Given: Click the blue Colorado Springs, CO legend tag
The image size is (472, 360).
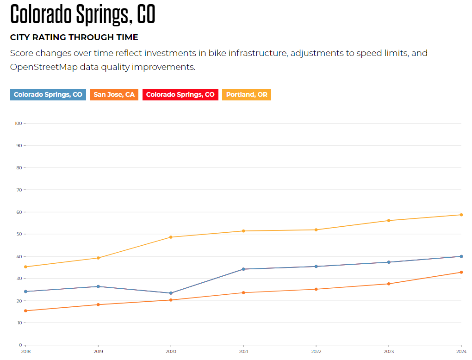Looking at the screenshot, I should (x=48, y=94).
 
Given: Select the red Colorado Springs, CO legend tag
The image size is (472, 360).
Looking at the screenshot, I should (x=180, y=94).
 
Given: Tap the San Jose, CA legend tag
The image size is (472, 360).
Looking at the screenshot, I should (x=114, y=94).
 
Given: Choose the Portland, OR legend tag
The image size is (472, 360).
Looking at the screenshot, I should (x=247, y=94).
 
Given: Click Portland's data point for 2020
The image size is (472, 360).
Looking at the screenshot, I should (x=171, y=237).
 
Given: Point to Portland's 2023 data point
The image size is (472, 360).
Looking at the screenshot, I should (x=389, y=220).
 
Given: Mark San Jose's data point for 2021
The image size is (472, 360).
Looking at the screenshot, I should (x=243, y=292).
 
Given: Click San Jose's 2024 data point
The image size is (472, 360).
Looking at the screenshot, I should (x=461, y=272).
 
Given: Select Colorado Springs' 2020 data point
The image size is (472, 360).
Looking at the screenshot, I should (x=171, y=293).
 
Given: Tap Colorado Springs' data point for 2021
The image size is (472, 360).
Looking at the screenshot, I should (x=243, y=269).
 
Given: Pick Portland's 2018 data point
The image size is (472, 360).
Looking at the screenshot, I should (x=25, y=267).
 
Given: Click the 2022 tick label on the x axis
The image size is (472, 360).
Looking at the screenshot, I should (x=316, y=352).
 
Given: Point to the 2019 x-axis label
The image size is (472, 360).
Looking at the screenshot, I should (x=98, y=352).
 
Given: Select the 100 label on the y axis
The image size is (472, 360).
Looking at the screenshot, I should (x=19, y=123).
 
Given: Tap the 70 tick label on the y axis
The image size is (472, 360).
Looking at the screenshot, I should (x=19, y=190).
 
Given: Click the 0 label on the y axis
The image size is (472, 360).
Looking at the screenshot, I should (x=20, y=345).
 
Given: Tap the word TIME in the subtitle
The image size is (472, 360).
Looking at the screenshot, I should (x=127, y=37).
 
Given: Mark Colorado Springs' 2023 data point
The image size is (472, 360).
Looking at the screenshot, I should (x=389, y=262).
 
